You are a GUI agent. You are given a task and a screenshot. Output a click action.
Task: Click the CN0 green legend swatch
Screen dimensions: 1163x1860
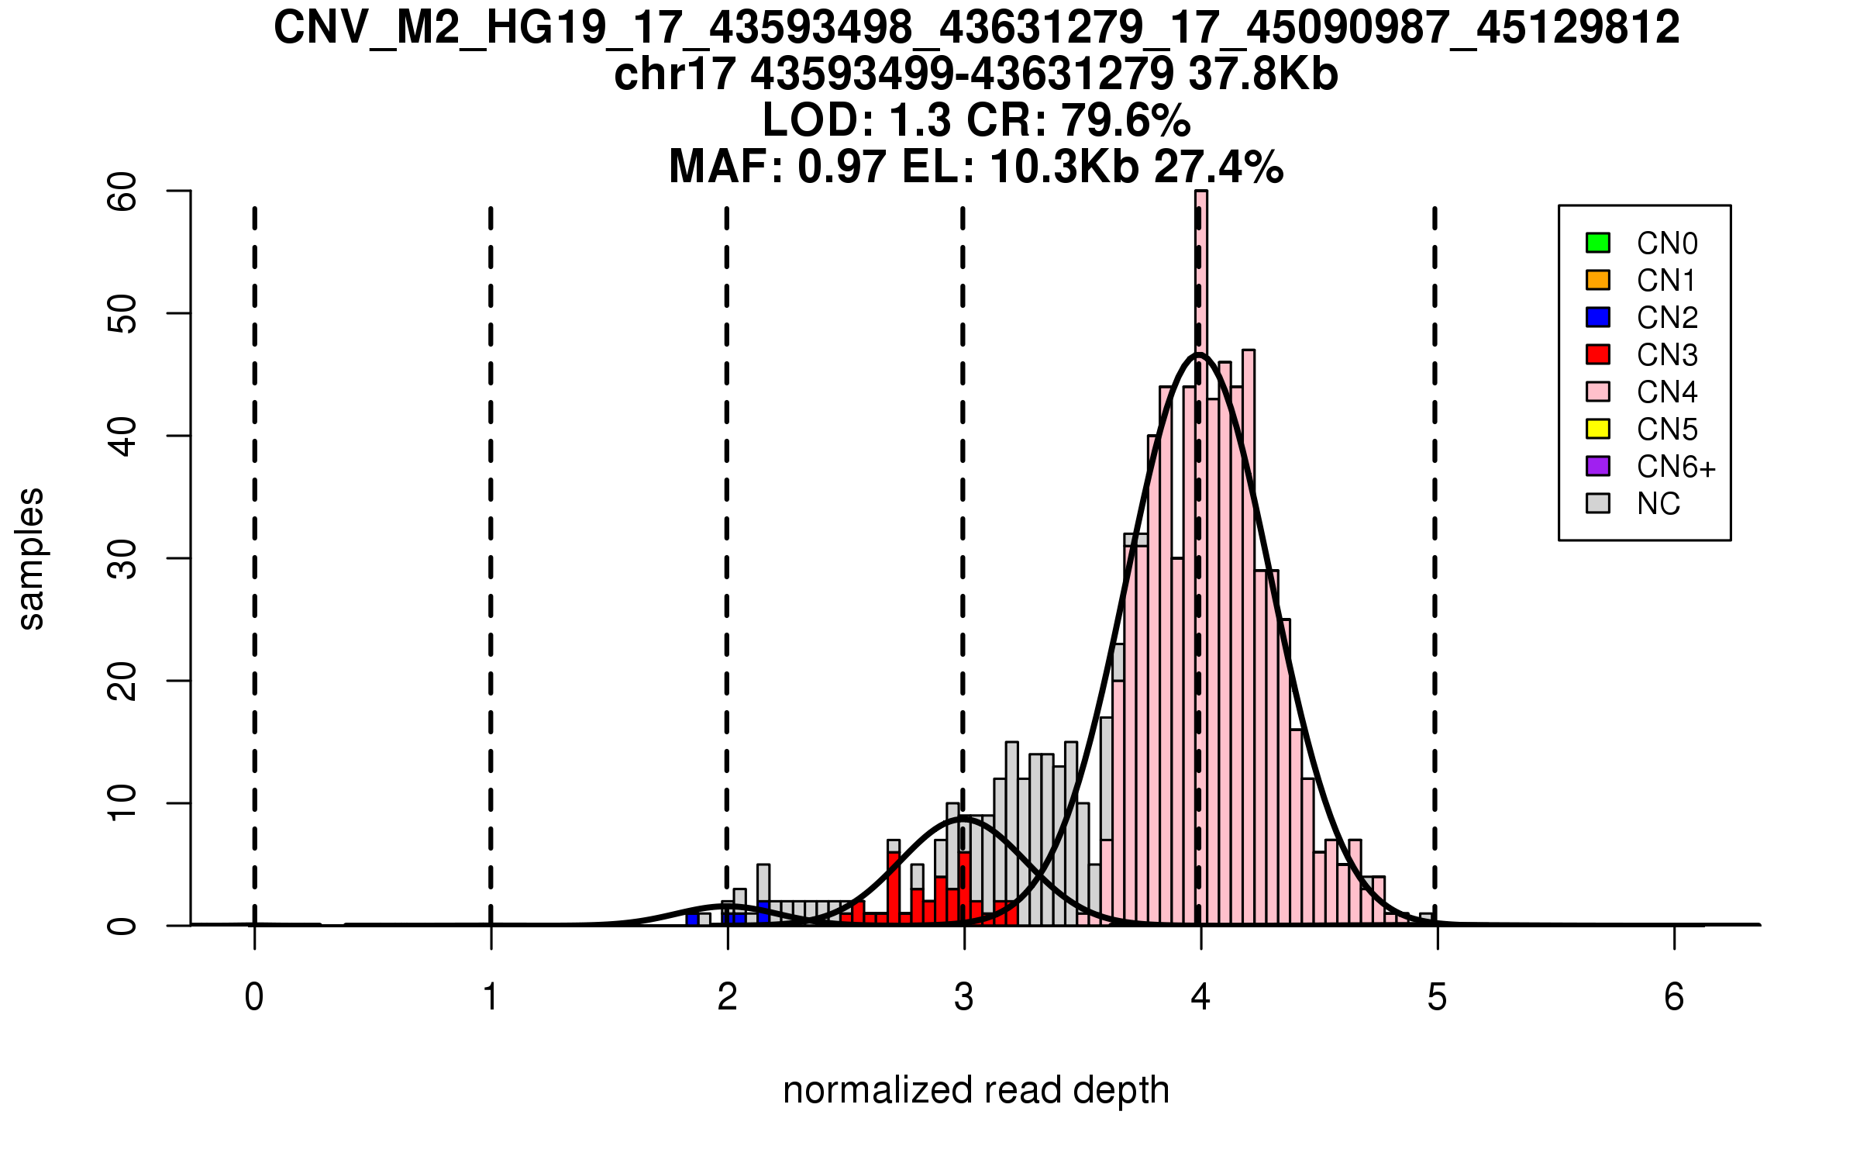1597,243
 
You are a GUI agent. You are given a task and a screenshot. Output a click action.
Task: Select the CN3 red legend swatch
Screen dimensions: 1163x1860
1597,354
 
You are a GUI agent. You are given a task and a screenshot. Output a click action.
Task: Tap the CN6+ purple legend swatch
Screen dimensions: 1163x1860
1597,466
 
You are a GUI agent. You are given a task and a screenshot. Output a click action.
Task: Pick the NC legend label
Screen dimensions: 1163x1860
1658,504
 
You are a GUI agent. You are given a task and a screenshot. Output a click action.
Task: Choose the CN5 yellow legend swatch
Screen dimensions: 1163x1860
1597,429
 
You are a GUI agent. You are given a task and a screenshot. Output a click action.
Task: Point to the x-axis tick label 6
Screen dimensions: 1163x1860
1674,997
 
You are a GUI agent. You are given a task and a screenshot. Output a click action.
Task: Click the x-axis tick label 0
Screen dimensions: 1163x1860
254,997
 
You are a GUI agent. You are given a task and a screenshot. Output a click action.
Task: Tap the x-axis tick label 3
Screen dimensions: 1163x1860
963,997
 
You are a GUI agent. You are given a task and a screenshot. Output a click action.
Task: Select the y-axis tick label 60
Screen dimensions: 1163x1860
122,192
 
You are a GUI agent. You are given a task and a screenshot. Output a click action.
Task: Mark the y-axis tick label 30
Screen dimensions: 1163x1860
122,559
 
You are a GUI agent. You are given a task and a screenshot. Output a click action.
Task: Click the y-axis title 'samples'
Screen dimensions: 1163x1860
31,559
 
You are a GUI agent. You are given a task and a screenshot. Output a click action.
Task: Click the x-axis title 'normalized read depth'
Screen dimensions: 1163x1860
976,1090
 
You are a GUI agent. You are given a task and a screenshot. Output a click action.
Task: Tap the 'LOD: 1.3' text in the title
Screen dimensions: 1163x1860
856,120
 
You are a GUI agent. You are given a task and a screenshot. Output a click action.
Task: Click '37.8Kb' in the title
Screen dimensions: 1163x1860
1263,74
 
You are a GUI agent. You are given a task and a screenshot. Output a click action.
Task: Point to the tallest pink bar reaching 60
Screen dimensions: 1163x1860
1201,543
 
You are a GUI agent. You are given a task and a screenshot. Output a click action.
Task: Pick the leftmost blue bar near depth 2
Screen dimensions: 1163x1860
692,919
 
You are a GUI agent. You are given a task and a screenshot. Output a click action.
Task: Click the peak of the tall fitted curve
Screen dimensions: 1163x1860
1199,354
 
